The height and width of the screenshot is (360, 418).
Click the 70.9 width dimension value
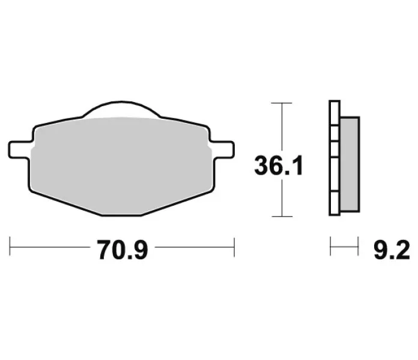(x=122, y=250)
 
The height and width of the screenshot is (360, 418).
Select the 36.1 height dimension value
(x=279, y=166)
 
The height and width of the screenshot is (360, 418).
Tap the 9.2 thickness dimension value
(x=392, y=250)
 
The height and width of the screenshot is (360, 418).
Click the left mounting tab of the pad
(x=19, y=150)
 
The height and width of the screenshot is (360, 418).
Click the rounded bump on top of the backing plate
(x=121, y=109)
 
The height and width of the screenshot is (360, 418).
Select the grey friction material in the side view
(x=350, y=164)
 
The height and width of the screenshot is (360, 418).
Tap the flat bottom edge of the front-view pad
(x=121, y=215)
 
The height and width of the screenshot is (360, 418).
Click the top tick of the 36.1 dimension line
(x=282, y=103)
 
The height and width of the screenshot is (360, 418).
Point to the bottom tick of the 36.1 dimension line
(x=282, y=217)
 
